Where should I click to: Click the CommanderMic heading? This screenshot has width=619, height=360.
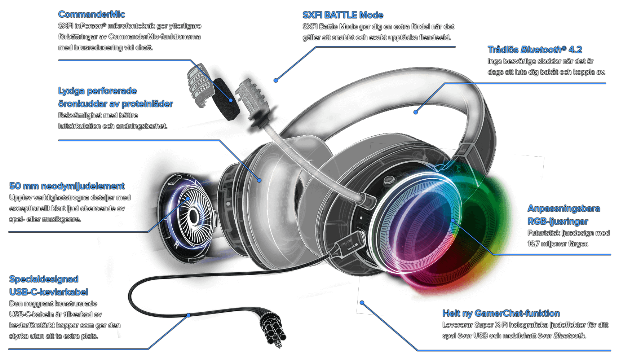click(92, 14)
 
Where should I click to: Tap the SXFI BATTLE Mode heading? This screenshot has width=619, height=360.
click(342, 15)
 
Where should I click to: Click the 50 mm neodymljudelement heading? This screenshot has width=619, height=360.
click(67, 186)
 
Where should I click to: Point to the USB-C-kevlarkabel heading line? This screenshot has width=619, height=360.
click(49, 292)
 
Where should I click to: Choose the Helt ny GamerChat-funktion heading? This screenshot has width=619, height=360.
click(501, 313)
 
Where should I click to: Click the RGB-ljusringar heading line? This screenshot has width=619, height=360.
click(558, 221)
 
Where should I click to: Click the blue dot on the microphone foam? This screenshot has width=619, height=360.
click(231, 100)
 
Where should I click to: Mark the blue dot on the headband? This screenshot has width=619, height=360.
click(416, 112)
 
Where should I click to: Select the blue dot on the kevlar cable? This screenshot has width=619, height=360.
click(189, 315)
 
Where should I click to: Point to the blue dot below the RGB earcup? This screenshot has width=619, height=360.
click(362, 303)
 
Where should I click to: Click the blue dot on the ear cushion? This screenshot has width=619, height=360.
click(259, 180)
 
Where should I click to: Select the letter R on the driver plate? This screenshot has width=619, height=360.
click(176, 245)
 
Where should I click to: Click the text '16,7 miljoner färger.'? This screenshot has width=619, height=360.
click(558, 244)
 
